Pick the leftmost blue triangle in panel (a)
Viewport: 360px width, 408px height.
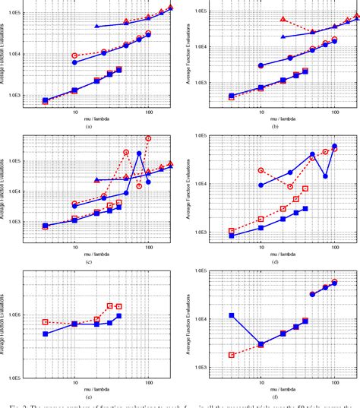coord(96,27)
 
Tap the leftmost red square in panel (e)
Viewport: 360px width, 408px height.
coord(46,322)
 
